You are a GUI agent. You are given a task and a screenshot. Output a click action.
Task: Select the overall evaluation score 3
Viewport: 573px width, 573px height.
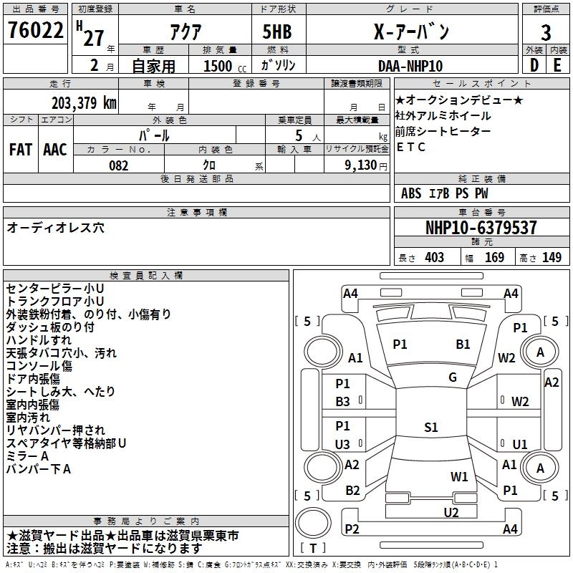coord(546,32)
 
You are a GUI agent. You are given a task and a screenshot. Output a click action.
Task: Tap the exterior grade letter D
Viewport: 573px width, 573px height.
coord(534,65)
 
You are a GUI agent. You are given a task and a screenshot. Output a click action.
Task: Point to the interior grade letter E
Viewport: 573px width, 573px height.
coord(558,65)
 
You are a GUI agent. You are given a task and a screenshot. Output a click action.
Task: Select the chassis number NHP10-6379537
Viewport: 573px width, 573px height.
coord(481,228)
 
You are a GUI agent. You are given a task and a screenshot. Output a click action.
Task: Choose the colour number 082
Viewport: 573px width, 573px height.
coord(118,165)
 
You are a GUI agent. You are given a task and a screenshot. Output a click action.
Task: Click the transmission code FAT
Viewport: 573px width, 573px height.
coord(20,149)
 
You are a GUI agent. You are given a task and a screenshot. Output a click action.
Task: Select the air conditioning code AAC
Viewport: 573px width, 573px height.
coord(55,149)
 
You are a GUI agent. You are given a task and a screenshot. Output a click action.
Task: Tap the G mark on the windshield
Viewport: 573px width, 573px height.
coord(453,377)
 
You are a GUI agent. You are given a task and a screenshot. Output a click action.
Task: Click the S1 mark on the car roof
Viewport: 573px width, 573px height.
coord(430,428)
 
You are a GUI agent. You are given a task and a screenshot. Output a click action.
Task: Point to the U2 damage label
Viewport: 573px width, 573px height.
coord(451,512)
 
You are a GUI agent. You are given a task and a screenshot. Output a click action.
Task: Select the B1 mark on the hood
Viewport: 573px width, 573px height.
coord(463,345)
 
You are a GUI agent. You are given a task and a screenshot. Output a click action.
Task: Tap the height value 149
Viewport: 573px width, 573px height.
coord(552,257)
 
